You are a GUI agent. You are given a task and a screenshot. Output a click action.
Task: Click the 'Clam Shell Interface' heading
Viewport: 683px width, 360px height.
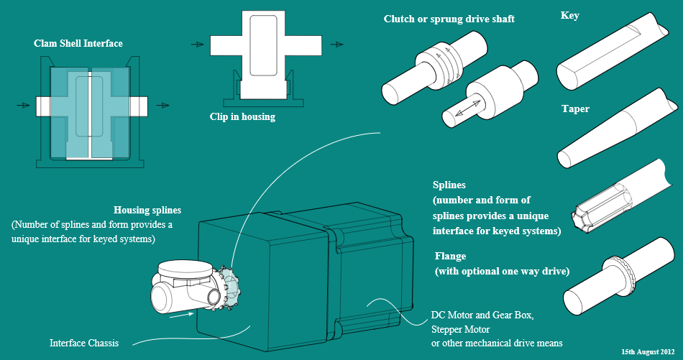pos(78,44)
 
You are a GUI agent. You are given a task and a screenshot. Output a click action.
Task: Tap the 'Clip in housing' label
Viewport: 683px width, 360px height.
pos(242,116)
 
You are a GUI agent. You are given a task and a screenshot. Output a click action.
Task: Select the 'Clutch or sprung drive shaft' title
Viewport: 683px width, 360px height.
pos(449,19)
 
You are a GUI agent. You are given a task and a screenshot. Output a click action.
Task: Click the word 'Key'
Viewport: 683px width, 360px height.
pos(569,16)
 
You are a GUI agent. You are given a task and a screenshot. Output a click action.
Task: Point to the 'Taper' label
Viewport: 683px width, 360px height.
pos(575,109)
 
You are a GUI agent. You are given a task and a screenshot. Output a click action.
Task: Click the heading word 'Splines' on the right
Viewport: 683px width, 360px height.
pos(449,185)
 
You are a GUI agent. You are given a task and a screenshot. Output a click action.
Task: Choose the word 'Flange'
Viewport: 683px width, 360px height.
pos(451,256)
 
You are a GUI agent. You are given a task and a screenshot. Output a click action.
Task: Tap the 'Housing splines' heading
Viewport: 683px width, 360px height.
pos(147,211)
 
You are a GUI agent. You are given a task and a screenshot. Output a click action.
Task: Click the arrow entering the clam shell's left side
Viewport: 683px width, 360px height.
pos(24,106)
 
